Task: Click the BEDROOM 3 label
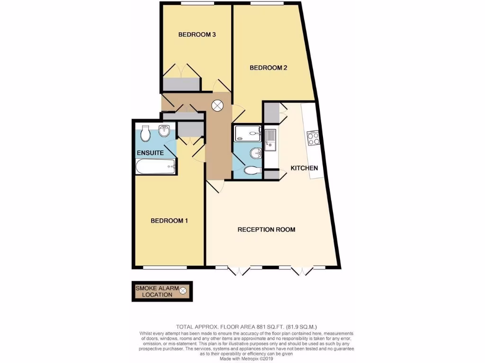197,35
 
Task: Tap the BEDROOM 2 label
269,68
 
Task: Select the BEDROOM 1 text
170,221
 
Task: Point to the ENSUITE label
150,153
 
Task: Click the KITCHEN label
304,168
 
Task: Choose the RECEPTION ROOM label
266,230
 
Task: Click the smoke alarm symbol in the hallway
217,106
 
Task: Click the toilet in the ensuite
145,133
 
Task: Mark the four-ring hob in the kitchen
314,138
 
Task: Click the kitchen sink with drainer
270,139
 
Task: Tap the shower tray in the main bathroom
247,133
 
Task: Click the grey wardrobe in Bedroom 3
181,84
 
